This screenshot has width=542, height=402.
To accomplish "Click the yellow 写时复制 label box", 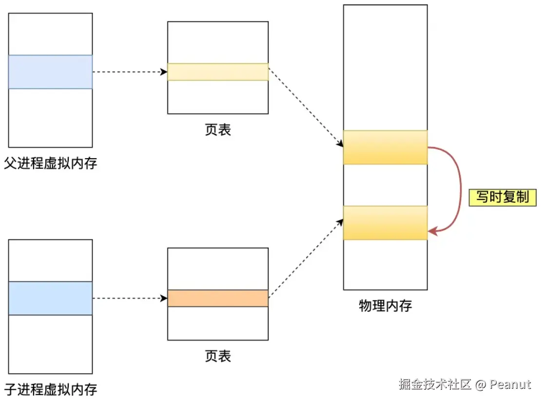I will coord(503,198).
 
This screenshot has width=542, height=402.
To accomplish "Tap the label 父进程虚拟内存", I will coord(51,163).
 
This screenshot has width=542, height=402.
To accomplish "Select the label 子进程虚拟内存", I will coord(51,389).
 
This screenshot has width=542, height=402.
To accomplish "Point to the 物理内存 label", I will coord(385,306).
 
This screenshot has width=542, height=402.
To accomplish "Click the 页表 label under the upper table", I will coord(218,130).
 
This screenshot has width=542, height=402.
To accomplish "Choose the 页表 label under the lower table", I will coord(218,356).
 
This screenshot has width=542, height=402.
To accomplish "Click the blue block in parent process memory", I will coord(51,72).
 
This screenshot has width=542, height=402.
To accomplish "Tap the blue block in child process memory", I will coord(51,298).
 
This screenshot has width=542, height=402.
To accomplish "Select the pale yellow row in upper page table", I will coord(218,72).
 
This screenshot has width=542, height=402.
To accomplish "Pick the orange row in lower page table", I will coord(218,298).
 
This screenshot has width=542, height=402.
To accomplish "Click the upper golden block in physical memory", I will coord(385,147).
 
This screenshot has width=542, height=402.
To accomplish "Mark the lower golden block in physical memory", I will coord(385,223).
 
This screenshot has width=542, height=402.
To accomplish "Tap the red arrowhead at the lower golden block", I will coord(432,232).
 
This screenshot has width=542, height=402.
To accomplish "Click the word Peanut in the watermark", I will coord(510,384).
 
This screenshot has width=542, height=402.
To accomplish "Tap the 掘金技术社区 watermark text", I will coord(435,384).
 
